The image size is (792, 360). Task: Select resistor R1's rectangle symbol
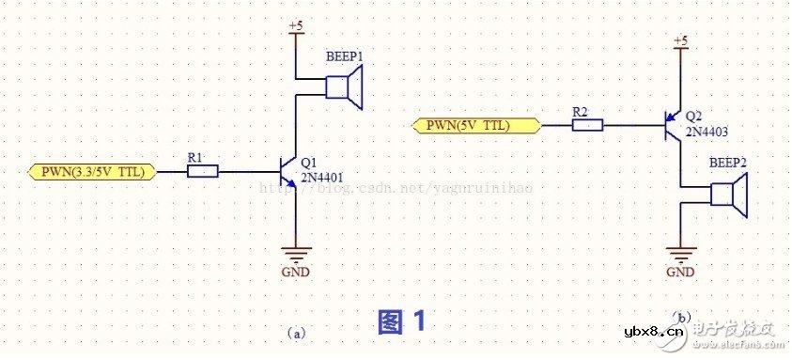click(x=202, y=171)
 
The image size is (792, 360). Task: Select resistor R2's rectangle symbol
click(x=586, y=124)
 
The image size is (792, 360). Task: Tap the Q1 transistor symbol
click(x=290, y=172)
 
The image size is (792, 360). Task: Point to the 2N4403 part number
click(x=708, y=131)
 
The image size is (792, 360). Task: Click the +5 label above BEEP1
click(x=296, y=26)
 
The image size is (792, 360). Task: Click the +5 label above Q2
click(x=680, y=40)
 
